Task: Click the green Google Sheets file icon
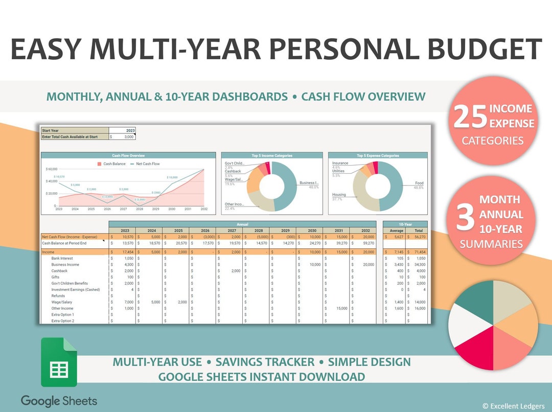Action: (59, 362)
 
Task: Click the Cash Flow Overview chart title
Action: (128, 155)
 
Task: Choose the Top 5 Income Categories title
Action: (271, 155)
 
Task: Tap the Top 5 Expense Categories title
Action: (378, 155)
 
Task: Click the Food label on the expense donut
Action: (419, 182)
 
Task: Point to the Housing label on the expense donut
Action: (339, 195)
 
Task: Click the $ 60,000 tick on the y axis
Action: (51, 169)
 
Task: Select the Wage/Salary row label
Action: (62, 302)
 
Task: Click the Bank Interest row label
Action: (62, 259)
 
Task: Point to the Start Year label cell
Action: (50, 130)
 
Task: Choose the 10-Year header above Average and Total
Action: (405, 224)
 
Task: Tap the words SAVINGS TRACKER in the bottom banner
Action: (265, 362)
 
